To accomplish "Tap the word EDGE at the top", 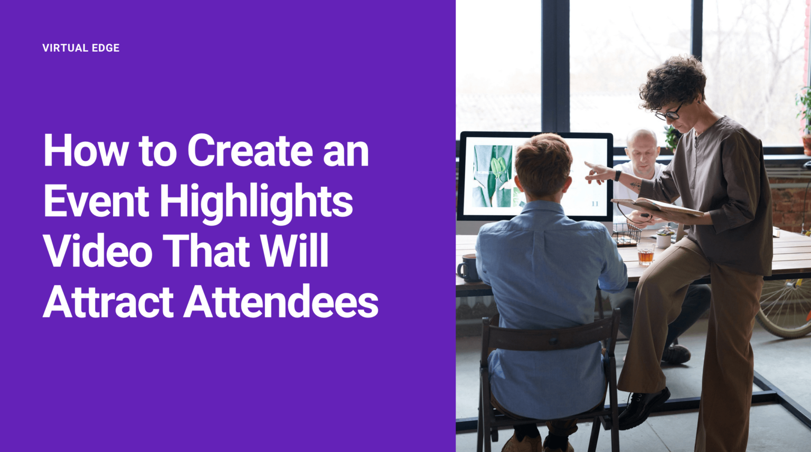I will (106, 48).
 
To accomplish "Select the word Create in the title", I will (250, 151).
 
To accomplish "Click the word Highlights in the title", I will (256, 202).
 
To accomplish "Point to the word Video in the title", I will (98, 251).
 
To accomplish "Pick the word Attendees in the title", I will (281, 302).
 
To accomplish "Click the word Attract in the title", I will (108, 302).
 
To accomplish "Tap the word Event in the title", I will (96, 201).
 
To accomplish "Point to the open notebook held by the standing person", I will (657, 207).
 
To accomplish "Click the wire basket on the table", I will (627, 235).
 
